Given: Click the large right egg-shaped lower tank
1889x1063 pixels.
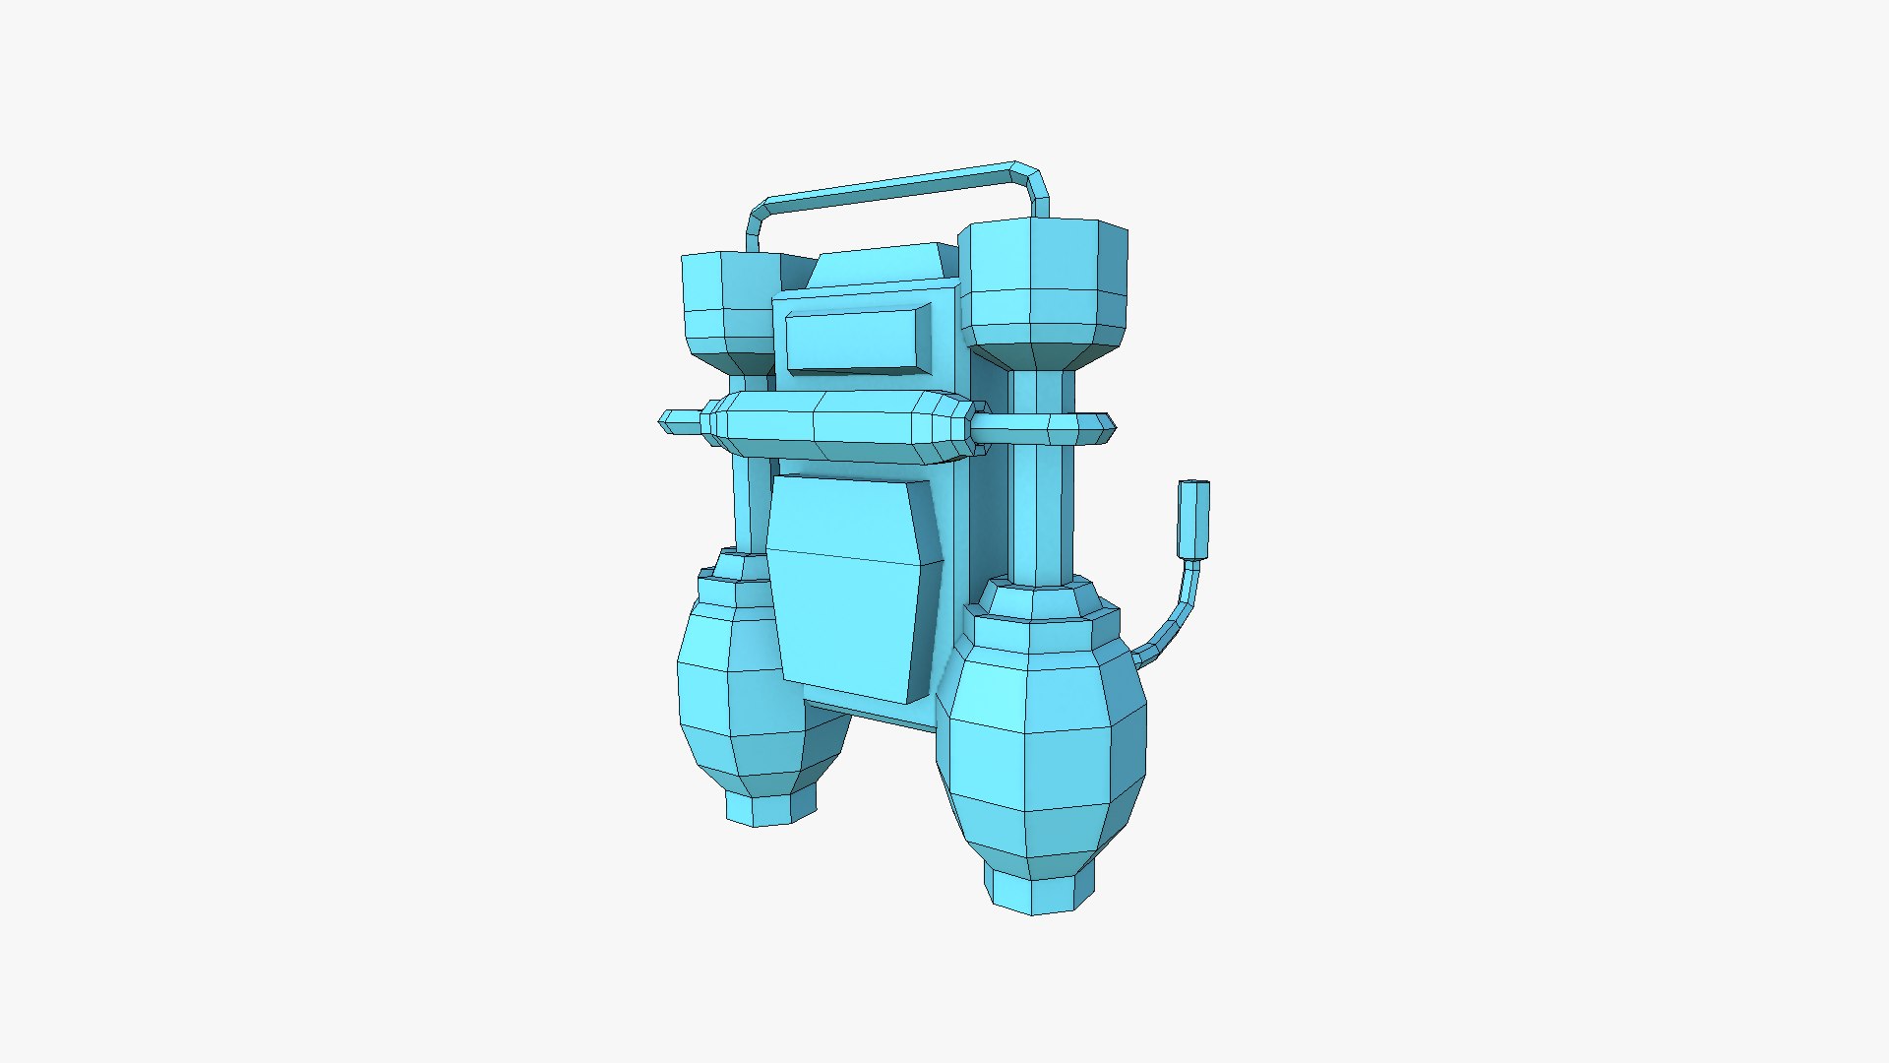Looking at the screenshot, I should coord(1041,748).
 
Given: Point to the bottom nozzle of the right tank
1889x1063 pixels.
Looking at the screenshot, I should coord(1039,891).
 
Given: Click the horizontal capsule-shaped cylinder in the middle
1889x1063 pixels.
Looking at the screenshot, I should coord(836,428).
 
